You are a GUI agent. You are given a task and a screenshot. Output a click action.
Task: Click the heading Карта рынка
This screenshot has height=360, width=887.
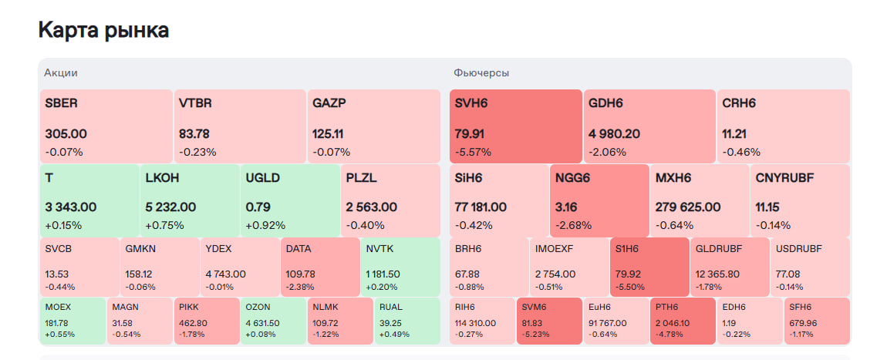coord(103,30)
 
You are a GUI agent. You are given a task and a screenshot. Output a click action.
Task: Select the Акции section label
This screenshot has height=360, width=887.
coord(61,72)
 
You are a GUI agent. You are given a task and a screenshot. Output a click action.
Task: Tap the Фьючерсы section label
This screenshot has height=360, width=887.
coord(481,72)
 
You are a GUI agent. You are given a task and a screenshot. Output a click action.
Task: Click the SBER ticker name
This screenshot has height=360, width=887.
coord(62,103)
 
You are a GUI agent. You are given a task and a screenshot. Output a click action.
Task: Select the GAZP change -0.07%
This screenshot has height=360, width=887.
coord(332,152)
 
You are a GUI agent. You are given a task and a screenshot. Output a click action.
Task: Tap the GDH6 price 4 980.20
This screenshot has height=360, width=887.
coord(614,134)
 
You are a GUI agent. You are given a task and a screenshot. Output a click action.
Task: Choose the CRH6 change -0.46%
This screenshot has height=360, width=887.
coord(741,152)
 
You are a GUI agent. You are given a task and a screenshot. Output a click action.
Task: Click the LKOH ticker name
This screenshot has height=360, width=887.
coord(163,177)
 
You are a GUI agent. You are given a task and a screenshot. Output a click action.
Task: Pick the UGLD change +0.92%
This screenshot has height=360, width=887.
coord(265,226)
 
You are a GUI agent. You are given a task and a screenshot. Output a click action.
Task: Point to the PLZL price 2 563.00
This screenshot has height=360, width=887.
coord(372,207)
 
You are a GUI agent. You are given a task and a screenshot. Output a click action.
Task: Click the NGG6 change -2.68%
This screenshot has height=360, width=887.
coord(573,226)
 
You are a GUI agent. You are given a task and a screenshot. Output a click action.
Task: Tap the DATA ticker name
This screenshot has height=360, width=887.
coord(298,248)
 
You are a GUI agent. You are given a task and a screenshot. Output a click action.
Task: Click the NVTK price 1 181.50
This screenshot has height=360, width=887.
coord(383,274)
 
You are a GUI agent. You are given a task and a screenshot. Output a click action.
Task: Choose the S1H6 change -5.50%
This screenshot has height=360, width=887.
coord(631,287)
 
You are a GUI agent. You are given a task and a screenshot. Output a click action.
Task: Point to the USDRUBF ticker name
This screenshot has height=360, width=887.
coord(798,248)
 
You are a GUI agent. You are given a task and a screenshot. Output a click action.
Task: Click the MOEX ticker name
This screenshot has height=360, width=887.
coord(57,306)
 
